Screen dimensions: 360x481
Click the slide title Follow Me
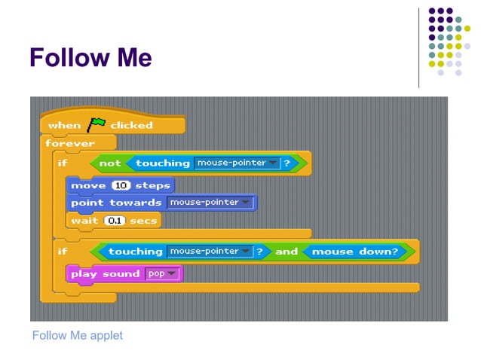pos(90,58)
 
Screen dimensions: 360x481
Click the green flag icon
pos(97,124)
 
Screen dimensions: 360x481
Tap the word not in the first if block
pos(109,163)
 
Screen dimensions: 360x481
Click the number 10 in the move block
pos(121,185)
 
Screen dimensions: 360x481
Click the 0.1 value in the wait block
pos(114,221)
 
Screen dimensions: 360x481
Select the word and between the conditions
pos(286,252)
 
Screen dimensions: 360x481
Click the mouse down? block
pos(354,252)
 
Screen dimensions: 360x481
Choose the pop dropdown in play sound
pos(162,274)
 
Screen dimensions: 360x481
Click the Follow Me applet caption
pos(78,335)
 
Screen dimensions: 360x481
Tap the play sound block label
pos(105,274)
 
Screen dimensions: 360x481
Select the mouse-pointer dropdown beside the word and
pos(209,252)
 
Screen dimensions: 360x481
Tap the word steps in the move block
pos(152,185)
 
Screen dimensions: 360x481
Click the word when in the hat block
pos(64,125)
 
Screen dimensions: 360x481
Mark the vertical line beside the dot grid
pos(419,47)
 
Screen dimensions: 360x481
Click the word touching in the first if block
pos(163,163)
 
